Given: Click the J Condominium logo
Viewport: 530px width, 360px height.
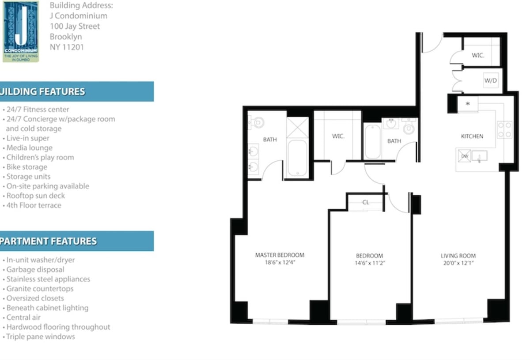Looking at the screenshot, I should click(x=21, y=31).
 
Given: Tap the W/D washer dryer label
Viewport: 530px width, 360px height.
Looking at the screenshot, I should click(x=490, y=81).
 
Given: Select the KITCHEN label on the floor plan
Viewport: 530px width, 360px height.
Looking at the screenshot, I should click(x=472, y=136).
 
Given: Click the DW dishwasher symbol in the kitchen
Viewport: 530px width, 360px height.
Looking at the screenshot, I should click(x=465, y=156).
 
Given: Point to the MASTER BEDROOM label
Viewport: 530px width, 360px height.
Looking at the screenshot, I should click(x=280, y=255).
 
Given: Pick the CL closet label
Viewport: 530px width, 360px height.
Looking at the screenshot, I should click(x=366, y=202).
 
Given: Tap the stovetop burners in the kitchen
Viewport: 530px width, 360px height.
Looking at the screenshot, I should click(x=505, y=129).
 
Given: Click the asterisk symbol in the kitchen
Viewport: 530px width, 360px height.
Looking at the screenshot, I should click(x=468, y=104).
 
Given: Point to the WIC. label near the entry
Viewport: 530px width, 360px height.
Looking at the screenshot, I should click(x=478, y=56).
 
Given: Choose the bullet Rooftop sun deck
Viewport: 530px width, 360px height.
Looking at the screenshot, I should click(x=35, y=196).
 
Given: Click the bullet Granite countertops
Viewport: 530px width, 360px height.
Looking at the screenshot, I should click(x=40, y=289).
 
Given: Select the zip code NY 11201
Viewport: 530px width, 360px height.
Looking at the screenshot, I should click(x=67, y=47).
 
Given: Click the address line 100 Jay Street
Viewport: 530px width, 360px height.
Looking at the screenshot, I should click(x=75, y=26).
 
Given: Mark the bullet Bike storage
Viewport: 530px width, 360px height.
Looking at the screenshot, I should click(x=26, y=167).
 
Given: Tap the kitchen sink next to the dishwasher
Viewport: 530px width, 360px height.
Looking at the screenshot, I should click(x=479, y=156).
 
